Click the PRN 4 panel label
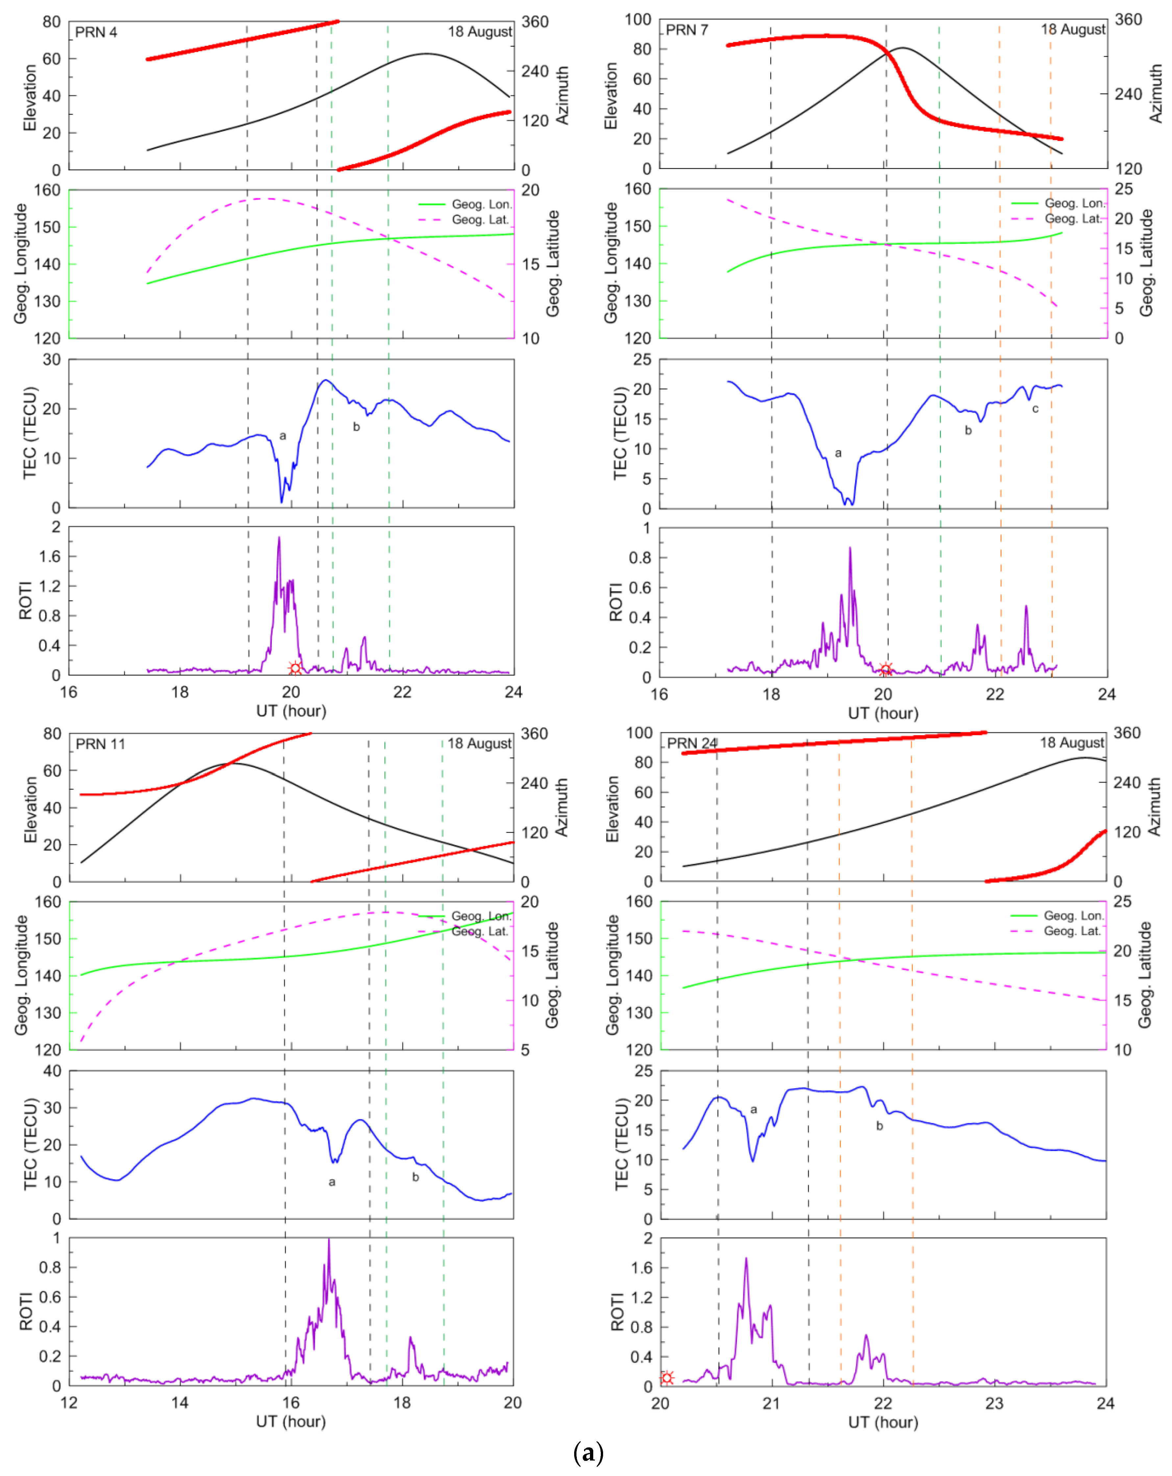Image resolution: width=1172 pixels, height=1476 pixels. coord(96,32)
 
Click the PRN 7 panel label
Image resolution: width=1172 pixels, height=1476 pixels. coord(687,30)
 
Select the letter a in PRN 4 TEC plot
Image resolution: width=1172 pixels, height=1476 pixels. coord(283,435)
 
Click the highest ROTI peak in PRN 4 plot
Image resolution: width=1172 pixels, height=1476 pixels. coord(279,538)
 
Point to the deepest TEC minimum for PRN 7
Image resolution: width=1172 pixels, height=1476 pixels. coord(846,503)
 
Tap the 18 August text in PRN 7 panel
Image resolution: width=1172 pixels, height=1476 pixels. coord(1073,30)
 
